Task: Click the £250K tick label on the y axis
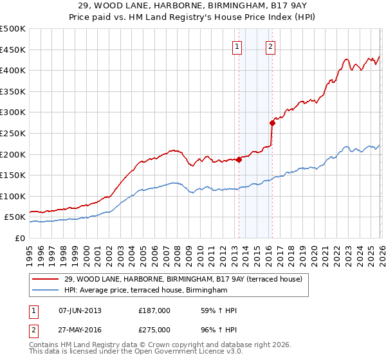coord(13,133)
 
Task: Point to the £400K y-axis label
coord(13,70)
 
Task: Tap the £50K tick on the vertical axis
coord(15,217)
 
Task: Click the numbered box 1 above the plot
coord(237,46)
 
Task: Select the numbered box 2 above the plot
coord(271,46)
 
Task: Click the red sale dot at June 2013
coord(239,159)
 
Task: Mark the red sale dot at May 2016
coord(272,123)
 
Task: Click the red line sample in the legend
coord(45,279)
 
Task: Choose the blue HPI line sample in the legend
coord(45,291)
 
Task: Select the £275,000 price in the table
coord(154,329)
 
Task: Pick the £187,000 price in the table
coord(154,310)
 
